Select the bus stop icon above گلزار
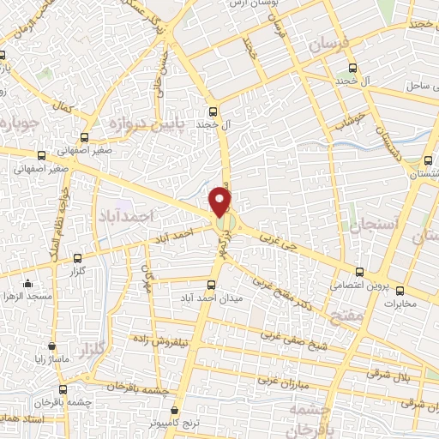(x=78, y=257)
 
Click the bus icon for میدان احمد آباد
(x=212, y=284)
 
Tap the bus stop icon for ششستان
(x=428, y=161)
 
